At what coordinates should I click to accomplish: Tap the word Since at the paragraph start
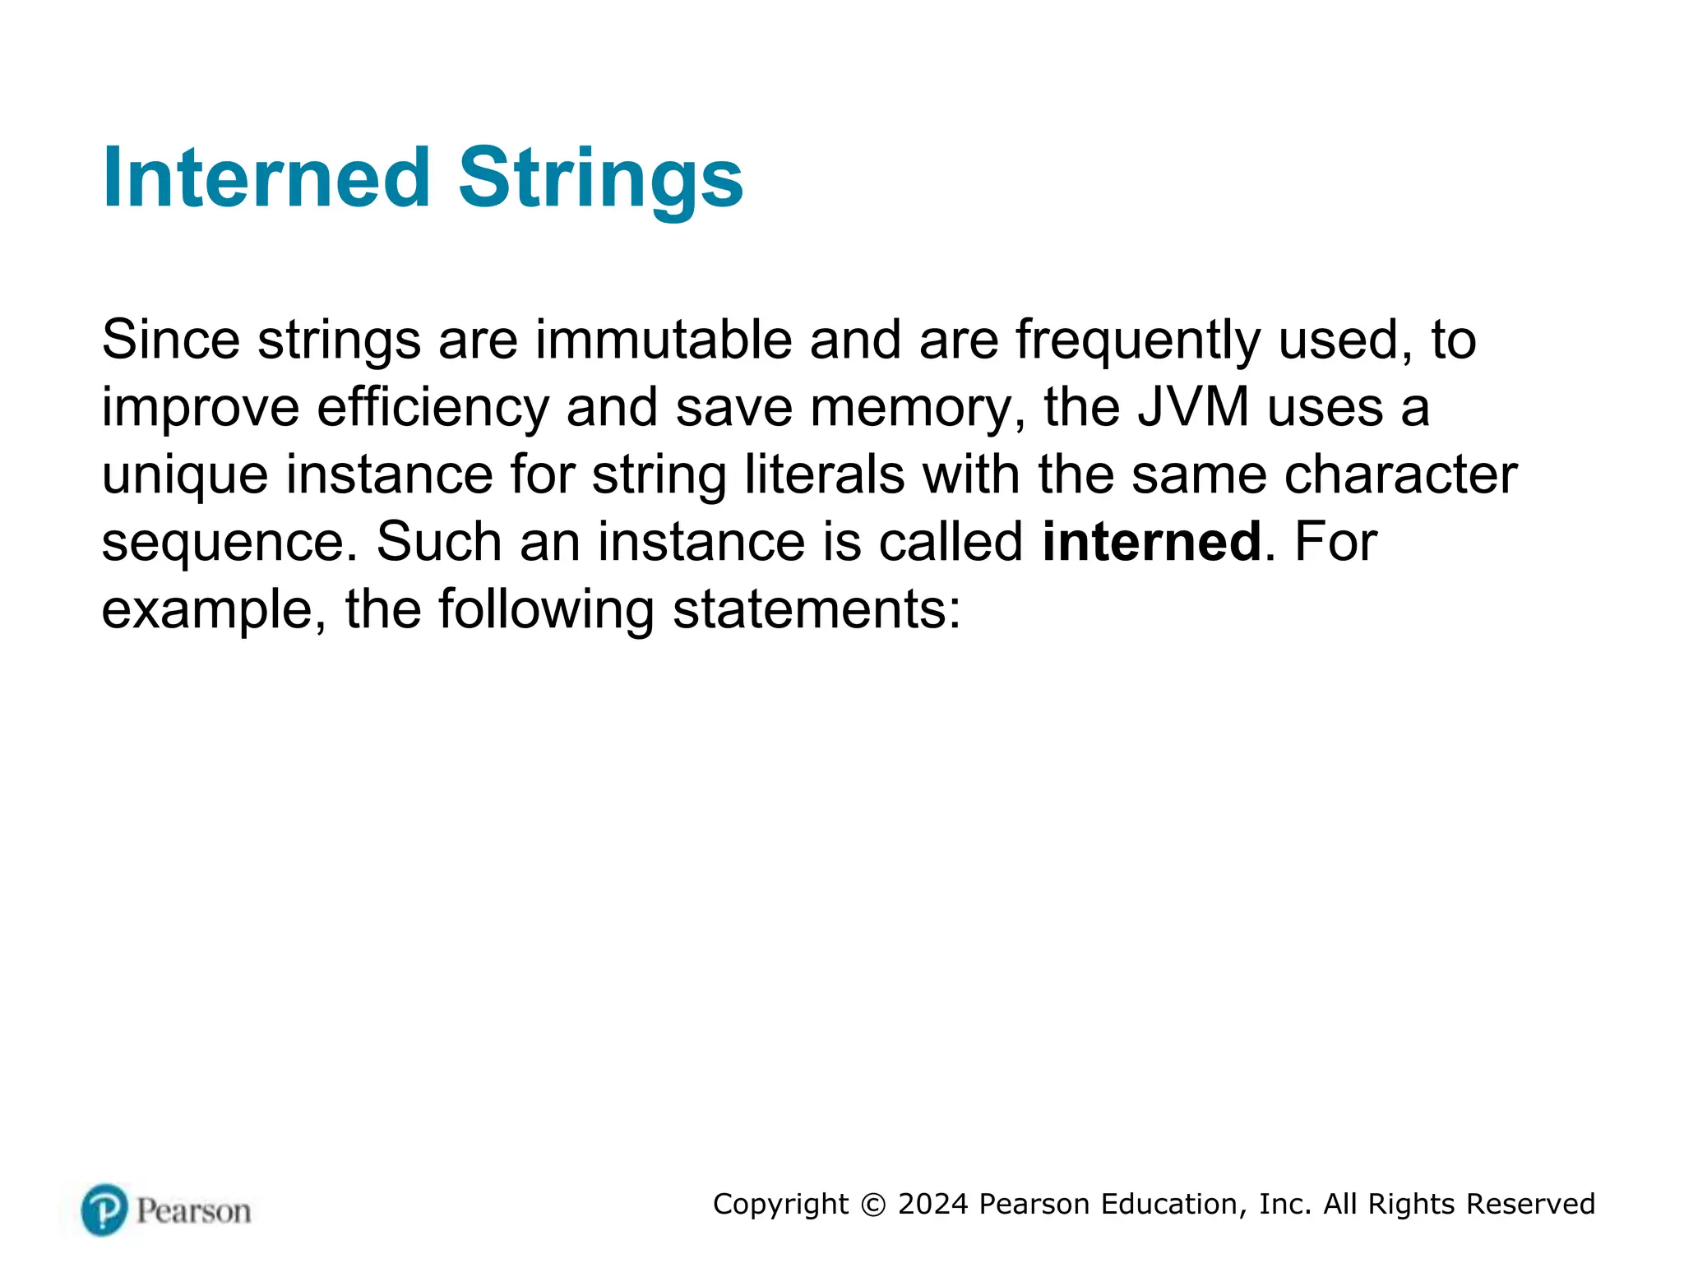tap(170, 339)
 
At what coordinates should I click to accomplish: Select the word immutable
tap(664, 339)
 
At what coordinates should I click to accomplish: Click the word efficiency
tap(433, 409)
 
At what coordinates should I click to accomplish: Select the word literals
tap(824, 474)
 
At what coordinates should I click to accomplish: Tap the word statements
tap(816, 609)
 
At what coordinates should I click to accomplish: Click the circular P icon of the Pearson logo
tap(104, 1210)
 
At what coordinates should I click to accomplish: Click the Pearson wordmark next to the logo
tap(194, 1211)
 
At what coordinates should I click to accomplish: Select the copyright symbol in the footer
tap(873, 1205)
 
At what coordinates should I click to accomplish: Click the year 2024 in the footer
tap(932, 1204)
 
